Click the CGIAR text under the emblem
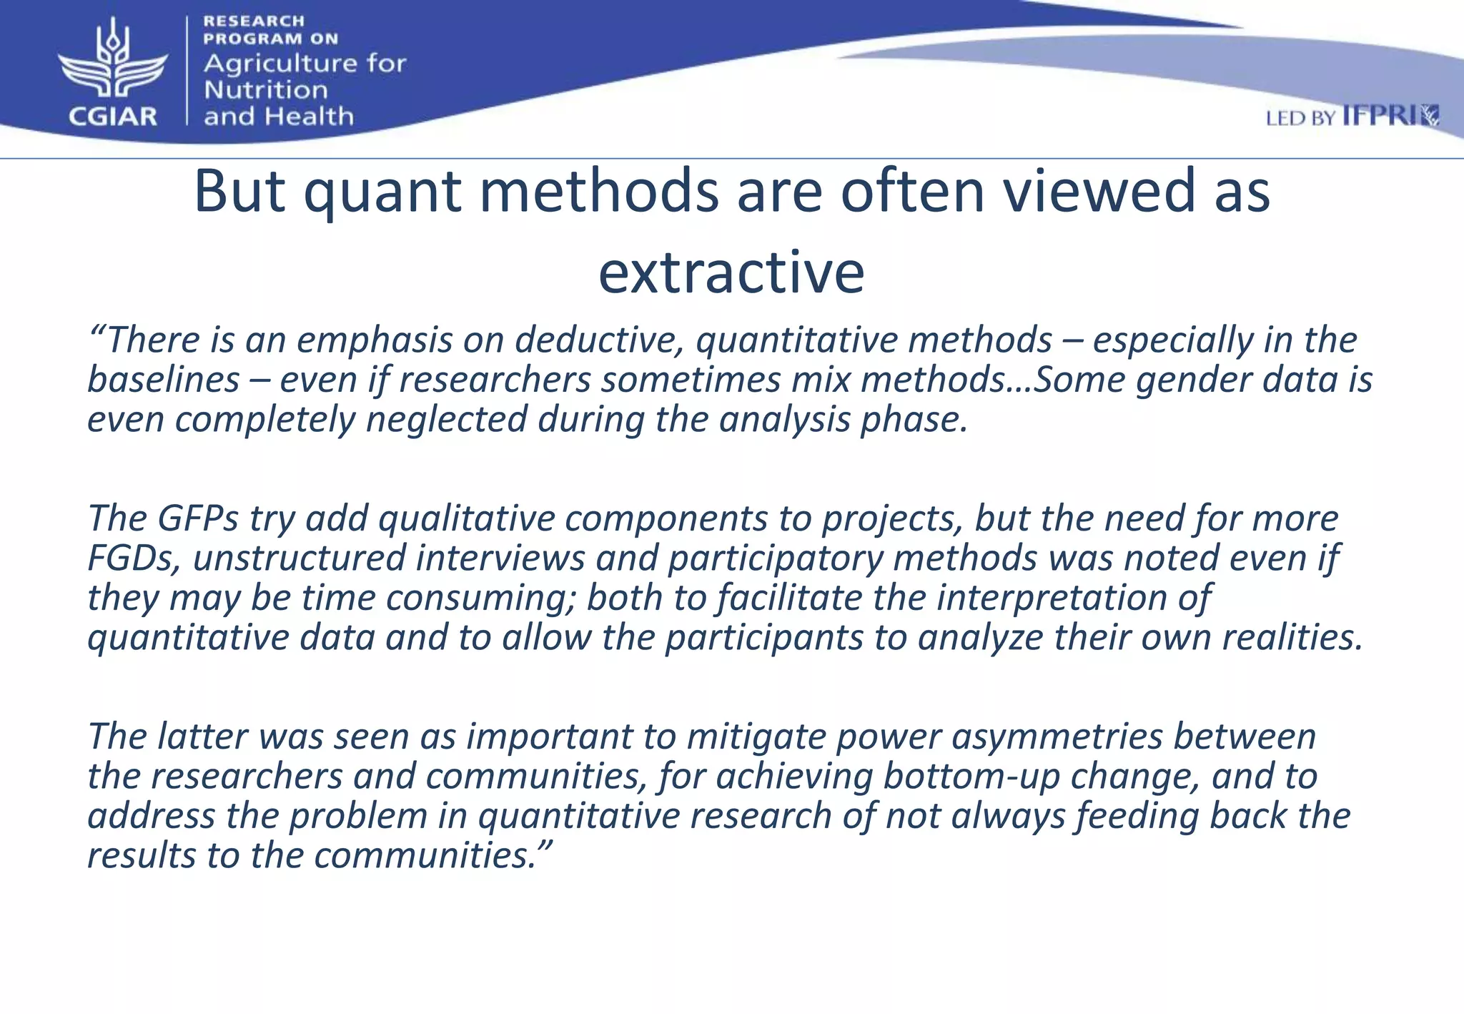112,116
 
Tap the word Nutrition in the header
265,90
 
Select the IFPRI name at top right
1380,116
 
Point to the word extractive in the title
731,273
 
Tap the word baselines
163,380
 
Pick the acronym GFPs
198,518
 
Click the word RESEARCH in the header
254,21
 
